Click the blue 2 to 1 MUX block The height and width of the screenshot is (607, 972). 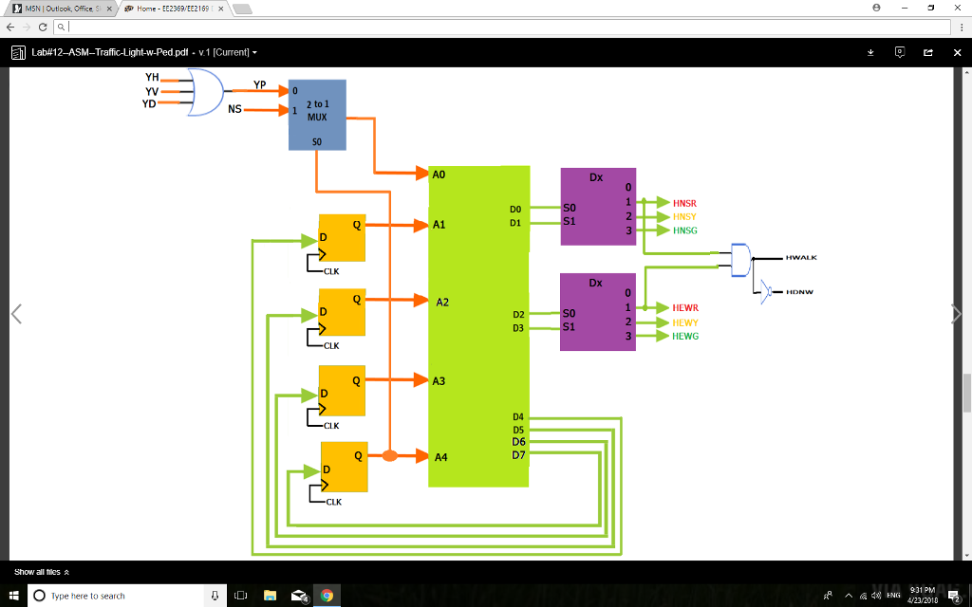point(317,115)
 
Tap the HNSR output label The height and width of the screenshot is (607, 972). point(684,203)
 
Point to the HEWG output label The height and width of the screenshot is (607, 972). point(684,337)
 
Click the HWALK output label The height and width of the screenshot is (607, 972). point(801,258)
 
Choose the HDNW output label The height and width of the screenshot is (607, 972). point(799,292)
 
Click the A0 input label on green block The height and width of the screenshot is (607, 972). point(439,175)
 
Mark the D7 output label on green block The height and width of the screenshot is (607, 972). point(518,455)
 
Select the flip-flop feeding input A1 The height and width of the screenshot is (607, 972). point(342,236)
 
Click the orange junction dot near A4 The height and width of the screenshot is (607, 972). point(389,456)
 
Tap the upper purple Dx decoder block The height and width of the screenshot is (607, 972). point(597,206)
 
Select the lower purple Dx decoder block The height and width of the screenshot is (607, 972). point(597,312)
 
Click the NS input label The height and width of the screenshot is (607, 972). point(234,110)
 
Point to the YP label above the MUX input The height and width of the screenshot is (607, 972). point(259,84)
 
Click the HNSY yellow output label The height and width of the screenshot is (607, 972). point(684,217)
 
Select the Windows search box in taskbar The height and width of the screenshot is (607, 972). point(118,596)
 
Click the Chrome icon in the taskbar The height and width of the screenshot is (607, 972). point(327,596)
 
